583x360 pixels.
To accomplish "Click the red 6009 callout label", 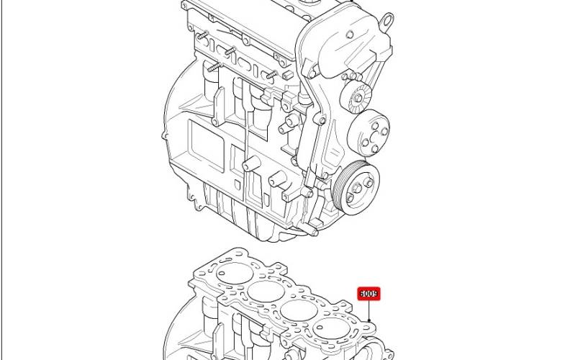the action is pos(369,294).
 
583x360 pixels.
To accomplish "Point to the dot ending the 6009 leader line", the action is pos(369,320).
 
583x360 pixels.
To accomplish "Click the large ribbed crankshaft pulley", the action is pos(356,188).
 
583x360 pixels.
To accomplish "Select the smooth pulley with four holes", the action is pos(369,132).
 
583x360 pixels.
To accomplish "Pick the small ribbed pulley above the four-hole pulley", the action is pos(356,97).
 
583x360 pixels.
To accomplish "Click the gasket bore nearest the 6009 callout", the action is pos(331,329).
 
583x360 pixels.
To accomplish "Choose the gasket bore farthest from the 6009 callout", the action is pos(235,273).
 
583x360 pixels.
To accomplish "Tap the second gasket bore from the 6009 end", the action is pos(299,310).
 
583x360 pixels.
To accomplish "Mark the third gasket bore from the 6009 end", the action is pos(266,291).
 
